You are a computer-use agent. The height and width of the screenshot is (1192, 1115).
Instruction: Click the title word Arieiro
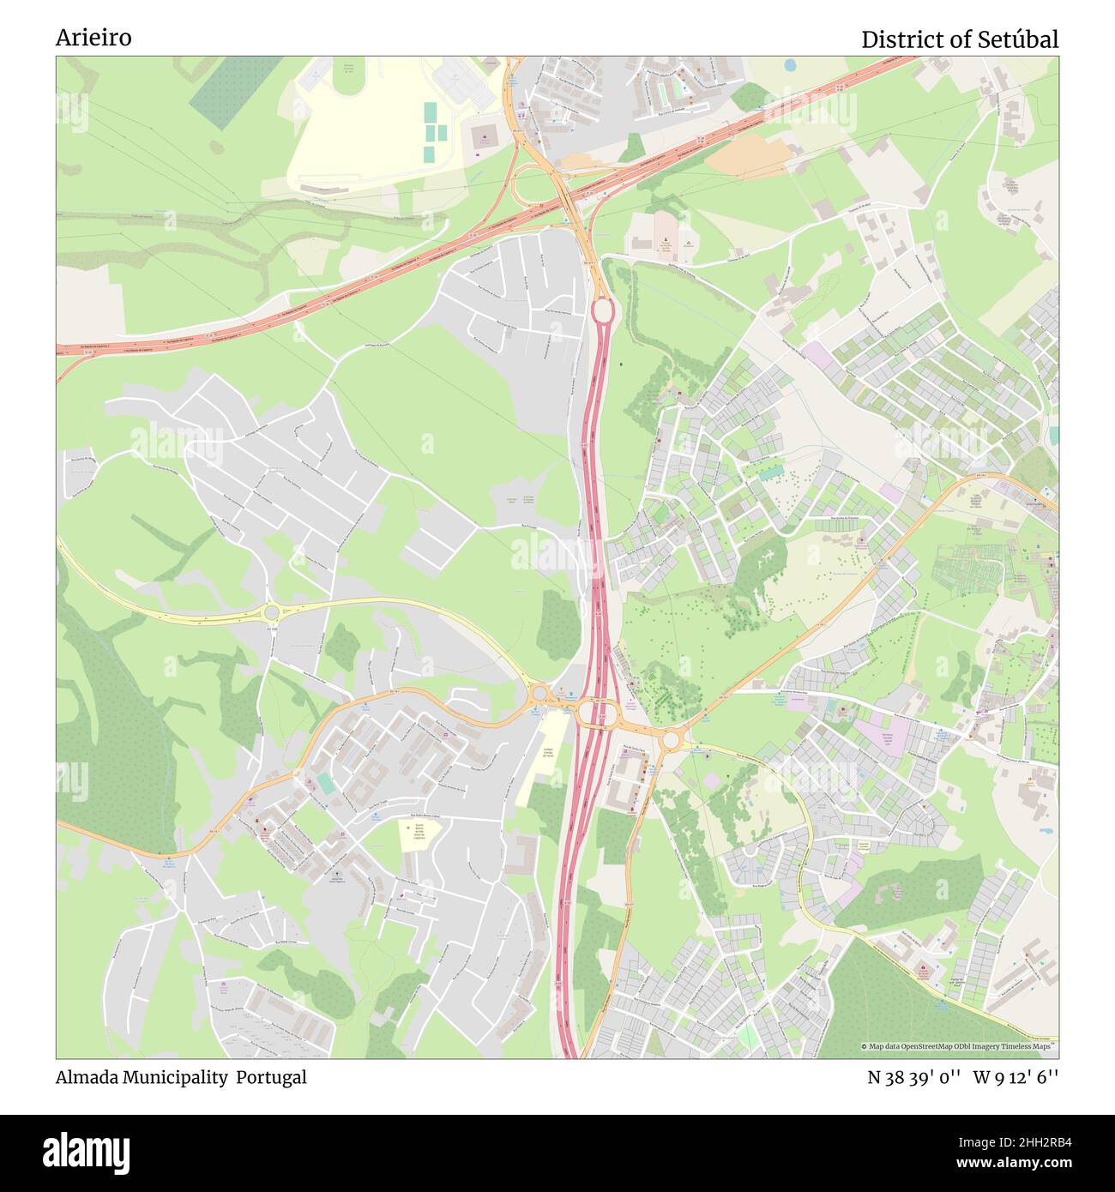click(x=93, y=39)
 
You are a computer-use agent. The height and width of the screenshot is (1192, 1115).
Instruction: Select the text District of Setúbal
click(x=959, y=39)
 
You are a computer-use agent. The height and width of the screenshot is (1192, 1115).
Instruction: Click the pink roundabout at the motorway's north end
click(x=603, y=310)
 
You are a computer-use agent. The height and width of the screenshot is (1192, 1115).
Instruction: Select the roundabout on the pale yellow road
click(x=272, y=612)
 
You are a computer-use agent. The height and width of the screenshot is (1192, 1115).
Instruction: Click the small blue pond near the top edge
click(x=790, y=64)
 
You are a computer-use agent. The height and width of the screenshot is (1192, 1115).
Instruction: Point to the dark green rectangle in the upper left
click(x=225, y=93)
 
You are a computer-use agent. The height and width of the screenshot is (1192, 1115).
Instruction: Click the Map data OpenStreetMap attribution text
click(x=959, y=1046)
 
